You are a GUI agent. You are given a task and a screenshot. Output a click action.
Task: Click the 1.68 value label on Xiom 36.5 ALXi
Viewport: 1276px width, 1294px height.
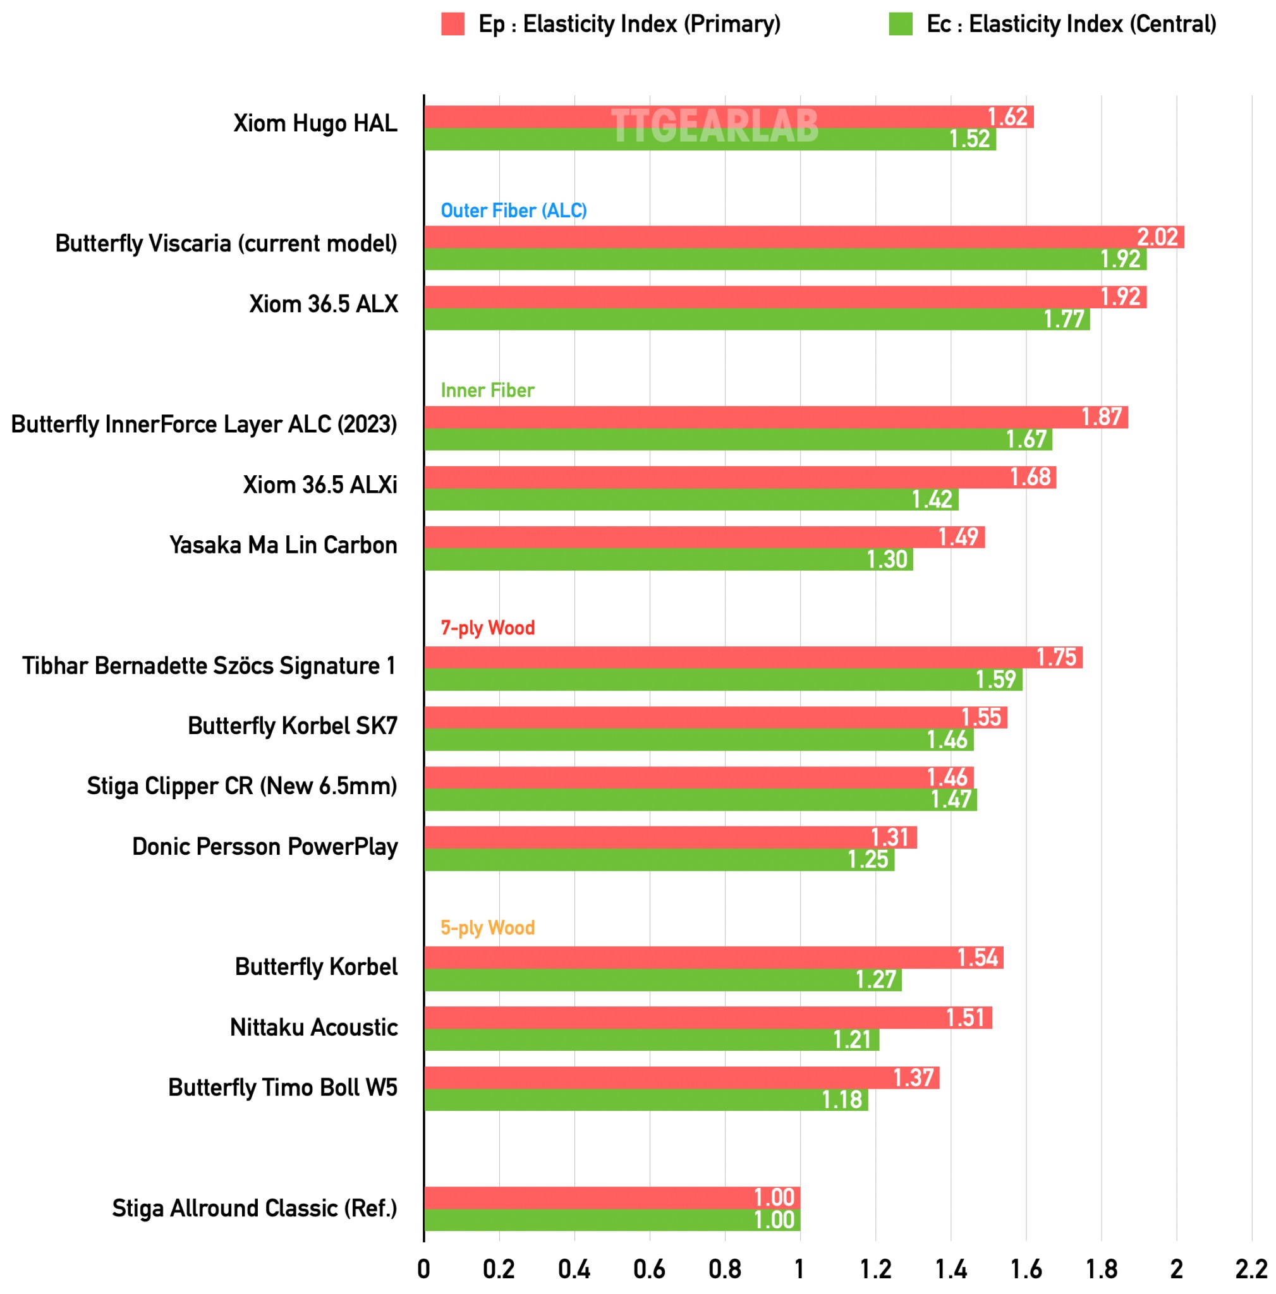1030,477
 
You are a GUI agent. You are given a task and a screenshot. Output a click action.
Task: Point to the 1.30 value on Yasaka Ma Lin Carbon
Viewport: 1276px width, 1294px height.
886,559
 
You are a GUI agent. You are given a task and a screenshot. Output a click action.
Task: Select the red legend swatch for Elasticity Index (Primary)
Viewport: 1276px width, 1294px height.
453,24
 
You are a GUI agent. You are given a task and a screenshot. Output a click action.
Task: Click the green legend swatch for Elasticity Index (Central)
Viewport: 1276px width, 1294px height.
900,24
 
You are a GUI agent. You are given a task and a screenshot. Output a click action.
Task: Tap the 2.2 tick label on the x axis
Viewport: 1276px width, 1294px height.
1251,1269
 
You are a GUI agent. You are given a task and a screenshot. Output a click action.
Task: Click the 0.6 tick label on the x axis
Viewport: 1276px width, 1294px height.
649,1269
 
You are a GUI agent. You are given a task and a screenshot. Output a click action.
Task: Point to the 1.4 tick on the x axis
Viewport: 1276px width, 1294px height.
951,1269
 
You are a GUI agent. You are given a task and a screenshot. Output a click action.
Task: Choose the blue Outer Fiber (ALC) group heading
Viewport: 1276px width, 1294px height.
513,211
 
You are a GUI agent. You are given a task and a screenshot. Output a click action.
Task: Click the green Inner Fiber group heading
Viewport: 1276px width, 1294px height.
487,390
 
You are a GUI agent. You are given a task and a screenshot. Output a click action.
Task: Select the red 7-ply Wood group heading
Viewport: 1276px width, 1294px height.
488,628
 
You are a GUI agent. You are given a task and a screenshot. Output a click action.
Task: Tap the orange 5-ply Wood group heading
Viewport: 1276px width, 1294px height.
488,928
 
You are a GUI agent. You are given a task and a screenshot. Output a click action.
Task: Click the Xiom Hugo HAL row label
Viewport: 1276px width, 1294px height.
315,124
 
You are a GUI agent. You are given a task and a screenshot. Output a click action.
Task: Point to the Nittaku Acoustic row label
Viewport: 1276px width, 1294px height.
313,1027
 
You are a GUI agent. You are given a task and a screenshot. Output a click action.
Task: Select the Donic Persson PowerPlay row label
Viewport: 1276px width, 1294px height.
265,847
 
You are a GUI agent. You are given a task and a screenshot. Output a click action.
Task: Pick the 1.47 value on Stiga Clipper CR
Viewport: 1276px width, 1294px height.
950,800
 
